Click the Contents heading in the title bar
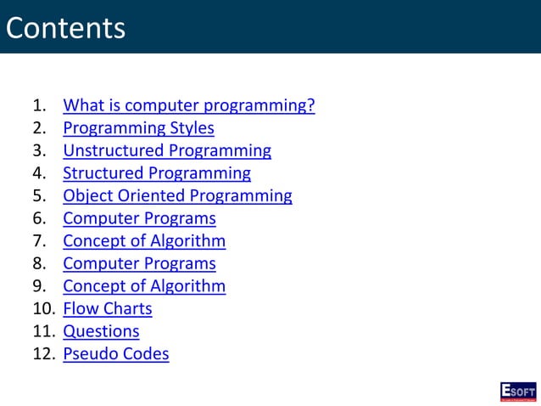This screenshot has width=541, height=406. coord(65,28)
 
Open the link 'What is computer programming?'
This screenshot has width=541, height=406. coord(189,106)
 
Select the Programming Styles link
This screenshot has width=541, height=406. coord(138,128)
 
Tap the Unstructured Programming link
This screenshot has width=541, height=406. coord(167,151)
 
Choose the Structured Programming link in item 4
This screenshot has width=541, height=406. coord(157,173)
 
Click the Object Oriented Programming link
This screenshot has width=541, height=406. coord(177,196)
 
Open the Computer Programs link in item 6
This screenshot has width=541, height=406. coord(139,218)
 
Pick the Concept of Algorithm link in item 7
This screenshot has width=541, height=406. coord(144,241)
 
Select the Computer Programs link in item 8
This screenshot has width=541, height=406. coord(139,263)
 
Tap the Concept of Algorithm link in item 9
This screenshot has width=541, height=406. coord(144,286)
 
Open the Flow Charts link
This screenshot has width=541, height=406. coord(108,308)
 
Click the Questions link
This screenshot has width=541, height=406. coord(101,331)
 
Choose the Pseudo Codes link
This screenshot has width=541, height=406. coord(116,353)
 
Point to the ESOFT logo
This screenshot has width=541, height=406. coord(517,392)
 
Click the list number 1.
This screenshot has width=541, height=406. coord(38,106)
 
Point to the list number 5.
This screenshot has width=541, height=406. coord(38,196)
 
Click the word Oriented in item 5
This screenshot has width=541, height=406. coord(151,196)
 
